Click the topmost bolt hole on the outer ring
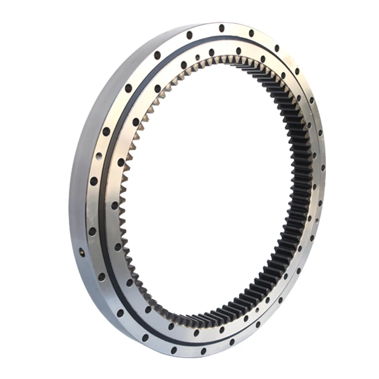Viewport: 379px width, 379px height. (x=221, y=28)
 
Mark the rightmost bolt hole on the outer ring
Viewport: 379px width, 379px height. (x=323, y=168)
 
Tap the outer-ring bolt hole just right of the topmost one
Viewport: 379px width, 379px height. (x=251, y=33)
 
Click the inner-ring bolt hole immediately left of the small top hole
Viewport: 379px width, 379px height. (x=184, y=64)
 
